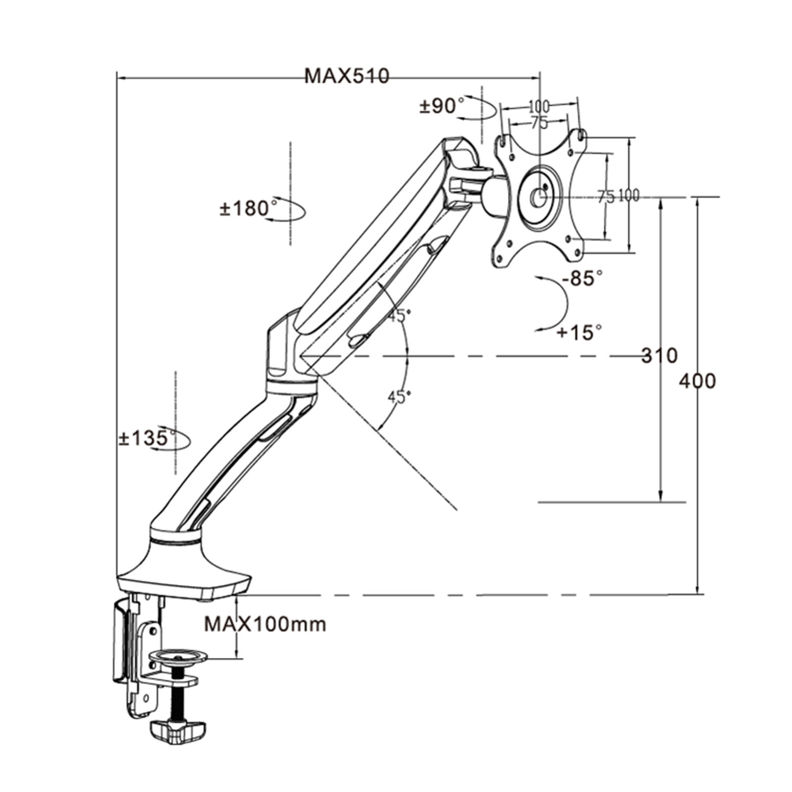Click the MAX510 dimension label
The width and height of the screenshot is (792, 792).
pos(346,76)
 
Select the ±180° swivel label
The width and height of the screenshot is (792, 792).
pos(248,208)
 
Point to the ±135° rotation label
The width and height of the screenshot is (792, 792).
pos(147,438)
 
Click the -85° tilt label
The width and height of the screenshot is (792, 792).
pos(583,278)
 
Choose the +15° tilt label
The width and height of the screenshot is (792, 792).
pos(579,332)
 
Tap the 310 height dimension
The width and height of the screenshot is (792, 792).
pos(659,355)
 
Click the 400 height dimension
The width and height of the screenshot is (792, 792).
pos(697,381)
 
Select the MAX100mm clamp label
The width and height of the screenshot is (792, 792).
pos(265,624)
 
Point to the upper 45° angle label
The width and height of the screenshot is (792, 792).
pos(399,315)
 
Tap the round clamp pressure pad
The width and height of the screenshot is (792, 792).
pos(177,657)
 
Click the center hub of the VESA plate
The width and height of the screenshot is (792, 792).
pos(538,198)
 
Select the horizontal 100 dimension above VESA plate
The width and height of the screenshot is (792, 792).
pos(539,106)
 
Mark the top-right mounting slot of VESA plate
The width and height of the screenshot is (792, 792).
pos(582,134)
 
